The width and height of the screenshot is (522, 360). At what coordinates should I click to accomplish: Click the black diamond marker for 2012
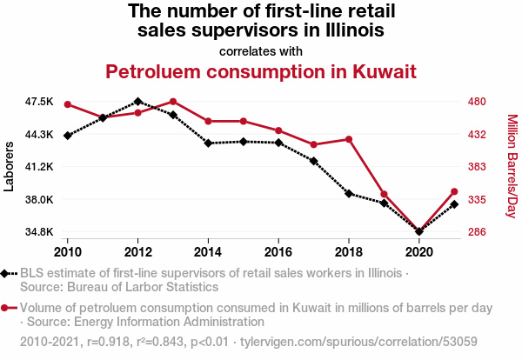[x=137, y=102]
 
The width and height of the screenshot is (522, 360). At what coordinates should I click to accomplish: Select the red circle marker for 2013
[x=173, y=102]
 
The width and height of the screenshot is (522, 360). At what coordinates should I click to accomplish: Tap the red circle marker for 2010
[x=68, y=104]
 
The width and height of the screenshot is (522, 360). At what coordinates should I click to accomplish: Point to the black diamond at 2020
[x=419, y=231]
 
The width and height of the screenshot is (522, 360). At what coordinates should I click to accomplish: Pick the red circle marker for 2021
[x=454, y=191]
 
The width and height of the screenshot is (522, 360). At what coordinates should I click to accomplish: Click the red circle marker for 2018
[x=349, y=139]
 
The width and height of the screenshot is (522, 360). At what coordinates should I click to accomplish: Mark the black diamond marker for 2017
[x=313, y=161]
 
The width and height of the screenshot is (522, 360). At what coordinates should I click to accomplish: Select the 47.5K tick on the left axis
[x=39, y=101]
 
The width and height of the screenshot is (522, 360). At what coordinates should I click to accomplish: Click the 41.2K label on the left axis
[x=39, y=166]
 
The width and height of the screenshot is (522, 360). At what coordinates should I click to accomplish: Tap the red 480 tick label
[x=477, y=101]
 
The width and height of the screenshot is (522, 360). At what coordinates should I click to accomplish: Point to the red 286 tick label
[x=477, y=231]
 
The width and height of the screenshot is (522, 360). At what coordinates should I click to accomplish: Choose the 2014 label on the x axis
[x=208, y=252]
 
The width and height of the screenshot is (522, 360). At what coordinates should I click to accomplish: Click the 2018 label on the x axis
[x=349, y=252]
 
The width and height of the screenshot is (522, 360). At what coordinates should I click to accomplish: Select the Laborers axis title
[x=9, y=166]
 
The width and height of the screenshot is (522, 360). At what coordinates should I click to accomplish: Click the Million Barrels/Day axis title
[x=512, y=166]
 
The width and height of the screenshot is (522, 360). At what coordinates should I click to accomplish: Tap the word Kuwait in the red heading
[x=385, y=71]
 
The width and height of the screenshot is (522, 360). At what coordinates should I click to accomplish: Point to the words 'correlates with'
[x=261, y=51]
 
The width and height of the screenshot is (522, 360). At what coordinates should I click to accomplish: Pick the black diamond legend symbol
[x=4, y=274]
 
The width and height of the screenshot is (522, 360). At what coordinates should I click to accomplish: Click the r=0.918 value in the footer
[x=108, y=342]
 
